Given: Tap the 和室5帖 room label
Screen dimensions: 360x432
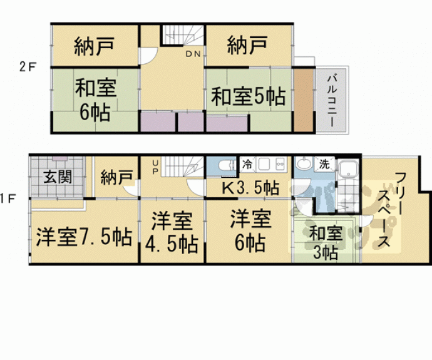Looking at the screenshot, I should (248, 97).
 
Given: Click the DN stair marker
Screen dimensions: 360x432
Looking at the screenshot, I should (192, 54).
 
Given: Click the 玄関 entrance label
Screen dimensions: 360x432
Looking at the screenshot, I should (57, 176).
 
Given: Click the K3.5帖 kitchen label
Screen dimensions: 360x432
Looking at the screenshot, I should (250, 187).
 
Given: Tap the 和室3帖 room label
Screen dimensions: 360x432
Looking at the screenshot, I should (326, 243).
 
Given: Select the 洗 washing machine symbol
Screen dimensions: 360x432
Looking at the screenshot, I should (324, 165).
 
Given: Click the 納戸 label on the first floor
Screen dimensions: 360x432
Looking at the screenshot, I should (116, 176).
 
